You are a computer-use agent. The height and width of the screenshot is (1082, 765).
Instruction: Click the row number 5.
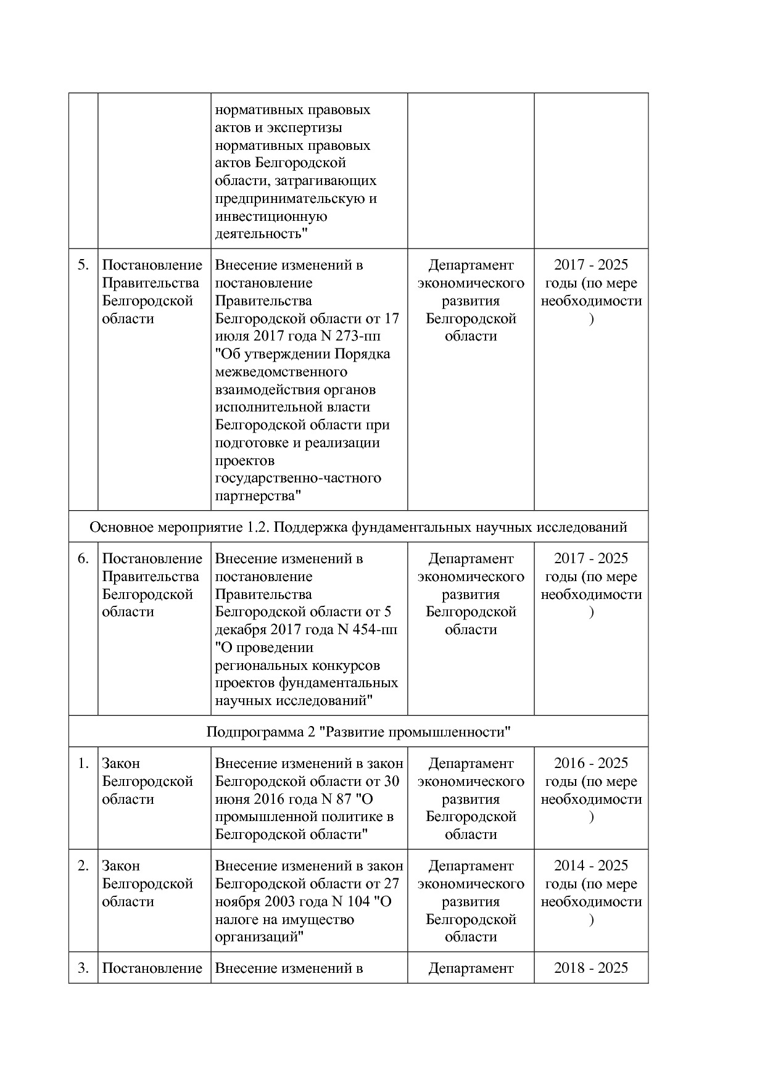tap(83, 265)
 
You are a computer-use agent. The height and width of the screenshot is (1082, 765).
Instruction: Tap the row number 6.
tap(83, 559)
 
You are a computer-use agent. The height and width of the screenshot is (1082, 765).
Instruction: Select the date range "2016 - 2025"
tap(590, 764)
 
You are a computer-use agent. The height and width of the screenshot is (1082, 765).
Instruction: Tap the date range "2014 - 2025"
tap(590, 866)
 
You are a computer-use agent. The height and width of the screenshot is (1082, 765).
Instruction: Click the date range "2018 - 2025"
tap(590, 968)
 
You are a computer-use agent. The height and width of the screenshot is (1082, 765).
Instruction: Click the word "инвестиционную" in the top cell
tap(271, 217)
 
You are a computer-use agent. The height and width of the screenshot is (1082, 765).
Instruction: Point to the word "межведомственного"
tap(281, 372)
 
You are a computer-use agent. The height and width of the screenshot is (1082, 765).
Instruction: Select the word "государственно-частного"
tap(298, 478)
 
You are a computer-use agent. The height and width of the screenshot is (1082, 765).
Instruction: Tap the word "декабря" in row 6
tap(239, 630)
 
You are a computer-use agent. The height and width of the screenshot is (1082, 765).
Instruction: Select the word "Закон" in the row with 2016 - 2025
tap(121, 764)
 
